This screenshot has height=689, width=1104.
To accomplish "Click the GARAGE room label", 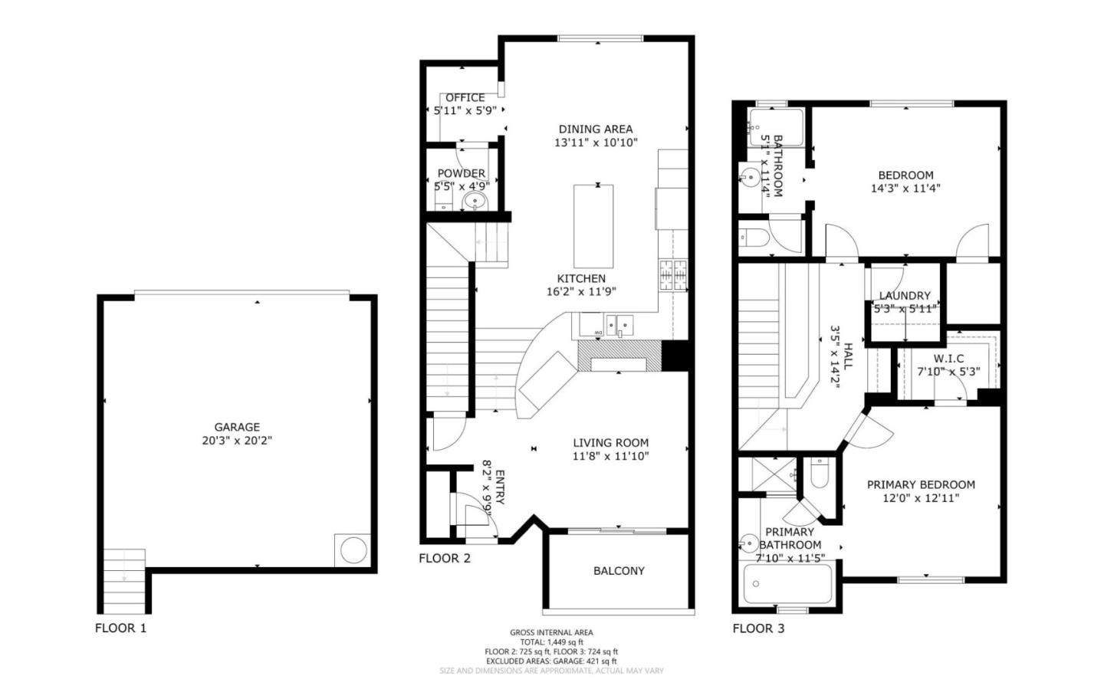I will [237, 427].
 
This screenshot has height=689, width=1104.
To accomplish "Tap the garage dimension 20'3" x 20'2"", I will [237, 441].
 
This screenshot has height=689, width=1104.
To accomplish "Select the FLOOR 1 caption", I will [120, 628].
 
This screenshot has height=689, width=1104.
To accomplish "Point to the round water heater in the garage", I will [353, 550].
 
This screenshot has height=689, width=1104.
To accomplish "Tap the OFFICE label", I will [465, 97].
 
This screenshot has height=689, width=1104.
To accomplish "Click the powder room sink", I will [475, 202].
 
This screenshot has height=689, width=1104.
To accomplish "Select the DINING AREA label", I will [596, 129].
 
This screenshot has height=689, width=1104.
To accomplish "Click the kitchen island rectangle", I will [593, 226].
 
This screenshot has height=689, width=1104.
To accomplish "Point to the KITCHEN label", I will [581, 278].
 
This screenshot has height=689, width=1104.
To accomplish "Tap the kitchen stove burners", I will [672, 275].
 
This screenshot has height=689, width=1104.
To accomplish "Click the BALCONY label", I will [619, 570].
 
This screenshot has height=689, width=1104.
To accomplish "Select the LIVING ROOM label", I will [611, 442].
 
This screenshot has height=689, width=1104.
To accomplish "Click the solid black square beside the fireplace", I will [676, 356].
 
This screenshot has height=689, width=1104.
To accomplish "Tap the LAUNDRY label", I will [905, 295].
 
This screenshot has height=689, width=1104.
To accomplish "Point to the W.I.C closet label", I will [948, 358].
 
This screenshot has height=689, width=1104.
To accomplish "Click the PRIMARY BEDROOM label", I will [921, 484].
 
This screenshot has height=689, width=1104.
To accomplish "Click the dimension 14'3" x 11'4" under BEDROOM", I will [905, 188].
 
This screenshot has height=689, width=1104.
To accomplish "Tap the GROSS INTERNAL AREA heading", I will [551, 632].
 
